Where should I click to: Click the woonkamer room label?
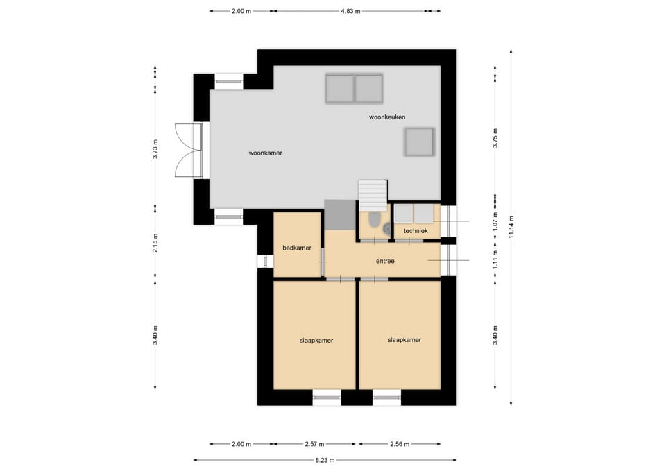coord(266,153)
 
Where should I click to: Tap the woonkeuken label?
coord(387,117)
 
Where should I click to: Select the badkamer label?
coord(297,248)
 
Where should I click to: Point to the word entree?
coord(385,261)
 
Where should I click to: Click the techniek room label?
coord(416,230)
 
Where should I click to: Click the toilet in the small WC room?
coord(374,219)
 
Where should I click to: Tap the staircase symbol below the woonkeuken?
coord(373,196)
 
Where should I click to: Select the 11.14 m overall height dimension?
coord(511,227)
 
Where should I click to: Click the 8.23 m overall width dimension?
coord(325,459)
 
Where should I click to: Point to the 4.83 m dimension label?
coord(350,12)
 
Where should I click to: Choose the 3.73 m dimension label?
coord(155,149)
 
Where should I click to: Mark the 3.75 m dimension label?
coord(495,137)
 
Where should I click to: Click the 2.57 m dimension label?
coord(314,444)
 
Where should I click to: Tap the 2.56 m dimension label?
coord(400,444)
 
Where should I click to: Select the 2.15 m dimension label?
coord(155,243)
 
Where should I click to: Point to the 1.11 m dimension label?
coord(495,259)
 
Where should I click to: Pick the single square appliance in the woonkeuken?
coord(419,142)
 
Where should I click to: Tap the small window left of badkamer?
coord(266,261)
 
